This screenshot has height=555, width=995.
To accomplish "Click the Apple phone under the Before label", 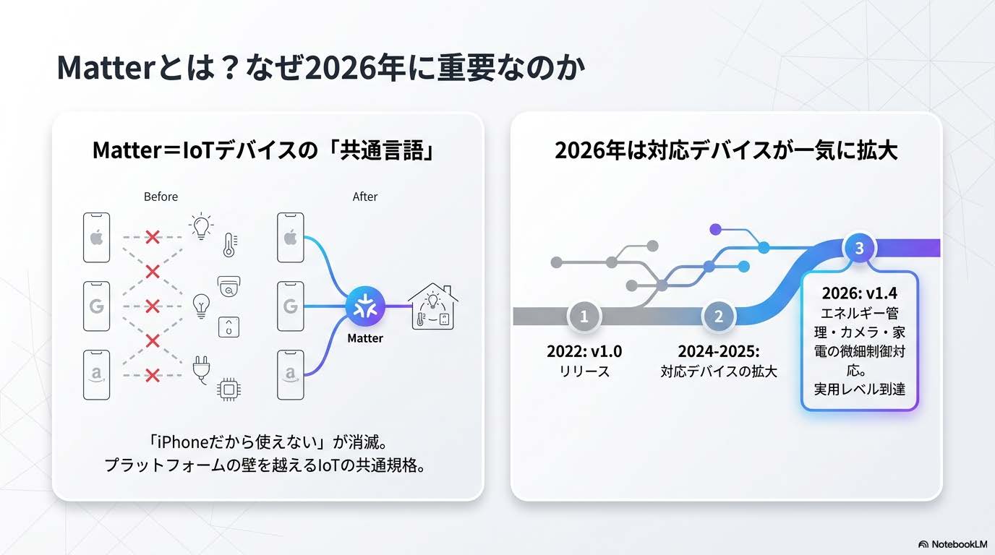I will pos(97,238).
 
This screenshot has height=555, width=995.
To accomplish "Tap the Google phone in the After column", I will pos(290,306).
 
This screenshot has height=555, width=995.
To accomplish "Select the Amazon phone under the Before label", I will pos(97,374).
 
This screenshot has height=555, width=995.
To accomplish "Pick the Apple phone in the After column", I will pos(290,238).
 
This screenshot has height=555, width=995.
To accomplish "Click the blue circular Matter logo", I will pos(364,306).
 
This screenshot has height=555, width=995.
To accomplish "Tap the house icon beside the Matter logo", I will pos(432,307).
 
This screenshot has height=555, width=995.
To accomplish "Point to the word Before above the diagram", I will pos(161,197).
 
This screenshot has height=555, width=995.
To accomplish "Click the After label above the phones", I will pos(364,197).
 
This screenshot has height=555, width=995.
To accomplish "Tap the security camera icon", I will pos(229,287).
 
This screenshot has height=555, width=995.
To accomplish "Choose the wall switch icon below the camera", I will pos(229,327).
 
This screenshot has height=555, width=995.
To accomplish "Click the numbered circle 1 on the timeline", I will pos(584,316).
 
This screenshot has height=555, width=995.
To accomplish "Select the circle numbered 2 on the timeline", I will pos(718,316).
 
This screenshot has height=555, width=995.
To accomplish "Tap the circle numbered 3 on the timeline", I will pos(859,248).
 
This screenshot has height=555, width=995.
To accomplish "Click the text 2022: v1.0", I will pos(584,352).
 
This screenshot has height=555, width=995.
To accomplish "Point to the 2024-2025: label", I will pos(718,352).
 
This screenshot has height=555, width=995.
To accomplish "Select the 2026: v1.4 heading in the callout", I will pos(859,294).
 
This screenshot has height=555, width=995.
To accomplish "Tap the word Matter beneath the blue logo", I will pos(364,338).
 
